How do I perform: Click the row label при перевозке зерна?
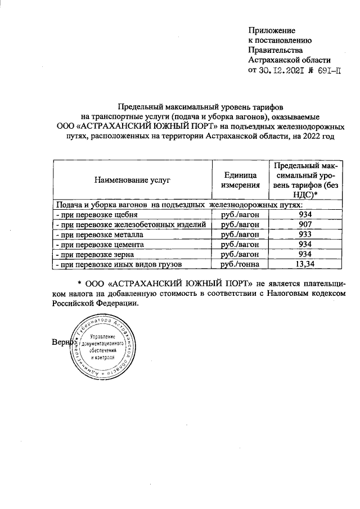click(x=93, y=254)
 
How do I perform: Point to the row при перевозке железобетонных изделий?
click(x=129, y=224)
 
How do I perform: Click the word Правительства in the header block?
click(x=276, y=50)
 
